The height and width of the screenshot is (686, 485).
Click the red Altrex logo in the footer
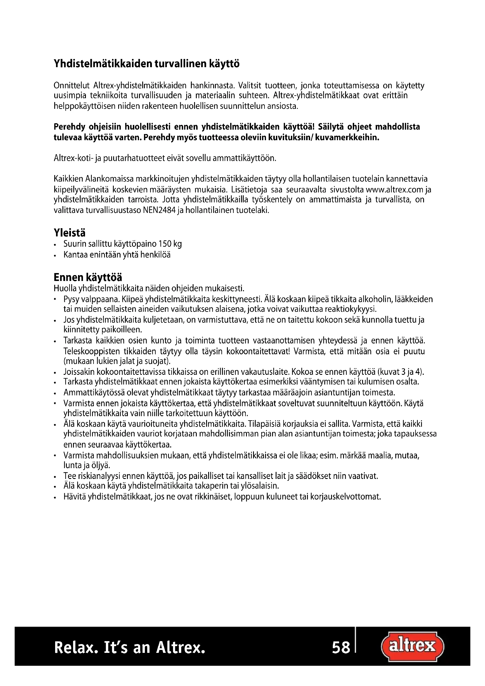[x=413, y=647]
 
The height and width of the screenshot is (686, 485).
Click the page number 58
[x=341, y=648]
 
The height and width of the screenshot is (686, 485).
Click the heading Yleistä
[x=69, y=233]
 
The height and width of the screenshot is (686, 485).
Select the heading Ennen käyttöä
[x=88, y=277]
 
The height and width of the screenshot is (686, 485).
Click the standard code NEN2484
[x=160, y=210]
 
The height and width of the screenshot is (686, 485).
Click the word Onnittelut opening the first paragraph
[x=72, y=86]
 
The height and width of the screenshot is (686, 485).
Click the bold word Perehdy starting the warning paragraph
[x=70, y=127]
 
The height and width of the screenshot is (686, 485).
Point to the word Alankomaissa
[x=109, y=179]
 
